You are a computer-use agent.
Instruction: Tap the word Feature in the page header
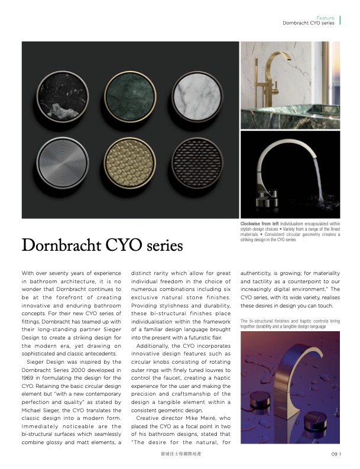[325, 18]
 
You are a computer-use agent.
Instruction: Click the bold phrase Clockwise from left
[260, 224]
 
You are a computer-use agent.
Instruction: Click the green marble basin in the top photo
[278, 115]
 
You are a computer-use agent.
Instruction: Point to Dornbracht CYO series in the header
[309, 24]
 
